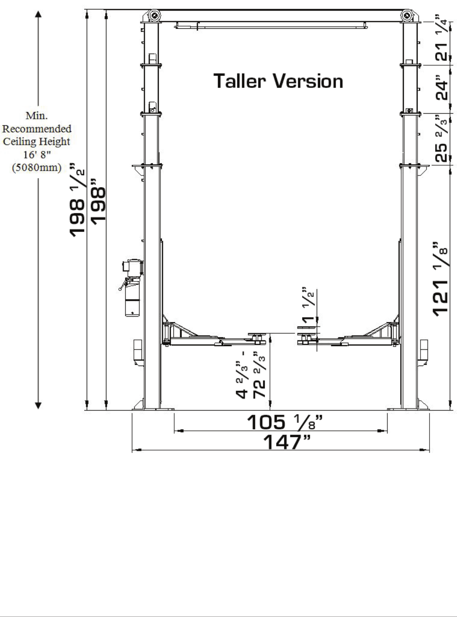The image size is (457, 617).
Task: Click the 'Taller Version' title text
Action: [278, 81]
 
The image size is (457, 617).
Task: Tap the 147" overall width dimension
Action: [286, 442]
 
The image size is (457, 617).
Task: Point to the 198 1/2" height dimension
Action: [77, 200]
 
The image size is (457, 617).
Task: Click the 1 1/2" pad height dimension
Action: [308, 305]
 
